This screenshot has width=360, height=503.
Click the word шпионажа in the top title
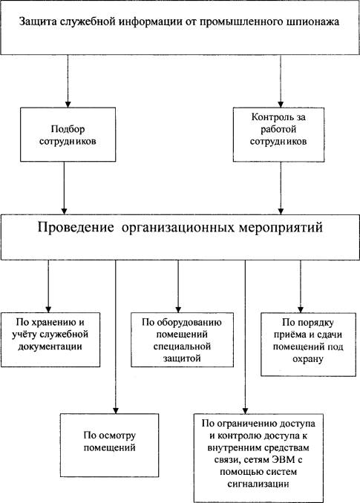click(312, 22)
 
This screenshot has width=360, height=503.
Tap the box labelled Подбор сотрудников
click(68, 134)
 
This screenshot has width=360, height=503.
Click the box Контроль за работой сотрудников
click(278, 134)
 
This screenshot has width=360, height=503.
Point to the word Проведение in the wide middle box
click(76, 228)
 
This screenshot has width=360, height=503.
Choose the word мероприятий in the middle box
click(281, 228)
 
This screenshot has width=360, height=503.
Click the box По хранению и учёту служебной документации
click(50, 340)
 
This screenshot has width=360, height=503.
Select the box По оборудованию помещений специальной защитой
click(183, 340)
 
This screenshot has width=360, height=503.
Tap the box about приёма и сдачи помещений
click(308, 344)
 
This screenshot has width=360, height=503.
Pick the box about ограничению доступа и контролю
click(258, 458)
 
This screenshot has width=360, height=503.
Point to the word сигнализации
click(258, 484)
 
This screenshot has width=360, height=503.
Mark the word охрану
click(308, 359)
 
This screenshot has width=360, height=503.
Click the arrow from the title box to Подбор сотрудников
click(68, 81)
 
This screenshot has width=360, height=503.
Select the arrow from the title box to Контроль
click(281, 81)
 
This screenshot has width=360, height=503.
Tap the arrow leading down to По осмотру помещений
click(116, 337)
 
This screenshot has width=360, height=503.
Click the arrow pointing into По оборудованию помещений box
click(178, 286)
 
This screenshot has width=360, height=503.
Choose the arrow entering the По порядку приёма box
click(301, 286)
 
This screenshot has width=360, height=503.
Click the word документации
click(50, 347)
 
